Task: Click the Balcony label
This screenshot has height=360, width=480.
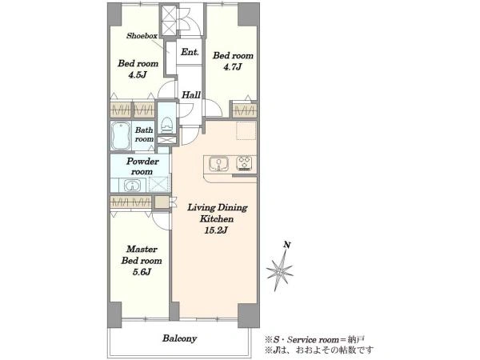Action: click(179, 338)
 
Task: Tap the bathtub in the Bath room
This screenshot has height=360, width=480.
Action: click(121, 136)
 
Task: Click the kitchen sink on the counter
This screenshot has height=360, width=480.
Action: click(218, 164)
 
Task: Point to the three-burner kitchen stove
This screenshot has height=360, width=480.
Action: click(244, 163)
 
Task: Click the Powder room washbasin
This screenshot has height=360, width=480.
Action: click(132, 186)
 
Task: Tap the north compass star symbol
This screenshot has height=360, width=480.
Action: click(279, 270)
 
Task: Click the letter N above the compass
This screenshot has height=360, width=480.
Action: click(287, 245)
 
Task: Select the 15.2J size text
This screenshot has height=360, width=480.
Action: click(216, 230)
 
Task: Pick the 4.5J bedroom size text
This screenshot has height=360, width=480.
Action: click(138, 74)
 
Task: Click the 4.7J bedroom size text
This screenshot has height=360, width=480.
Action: click(232, 66)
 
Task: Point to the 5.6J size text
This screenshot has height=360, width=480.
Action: click(142, 272)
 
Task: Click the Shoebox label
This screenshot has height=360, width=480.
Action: click(142, 36)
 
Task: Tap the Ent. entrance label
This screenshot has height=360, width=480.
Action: click(190, 52)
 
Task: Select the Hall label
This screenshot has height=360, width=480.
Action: click(191, 95)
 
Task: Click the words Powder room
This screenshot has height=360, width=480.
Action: click(142, 166)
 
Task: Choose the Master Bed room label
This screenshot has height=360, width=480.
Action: click(142, 254)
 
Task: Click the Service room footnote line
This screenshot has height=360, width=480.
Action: click(314, 339)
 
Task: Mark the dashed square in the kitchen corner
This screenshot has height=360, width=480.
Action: click(246, 130)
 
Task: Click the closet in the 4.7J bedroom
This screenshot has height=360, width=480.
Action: click(244, 110)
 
